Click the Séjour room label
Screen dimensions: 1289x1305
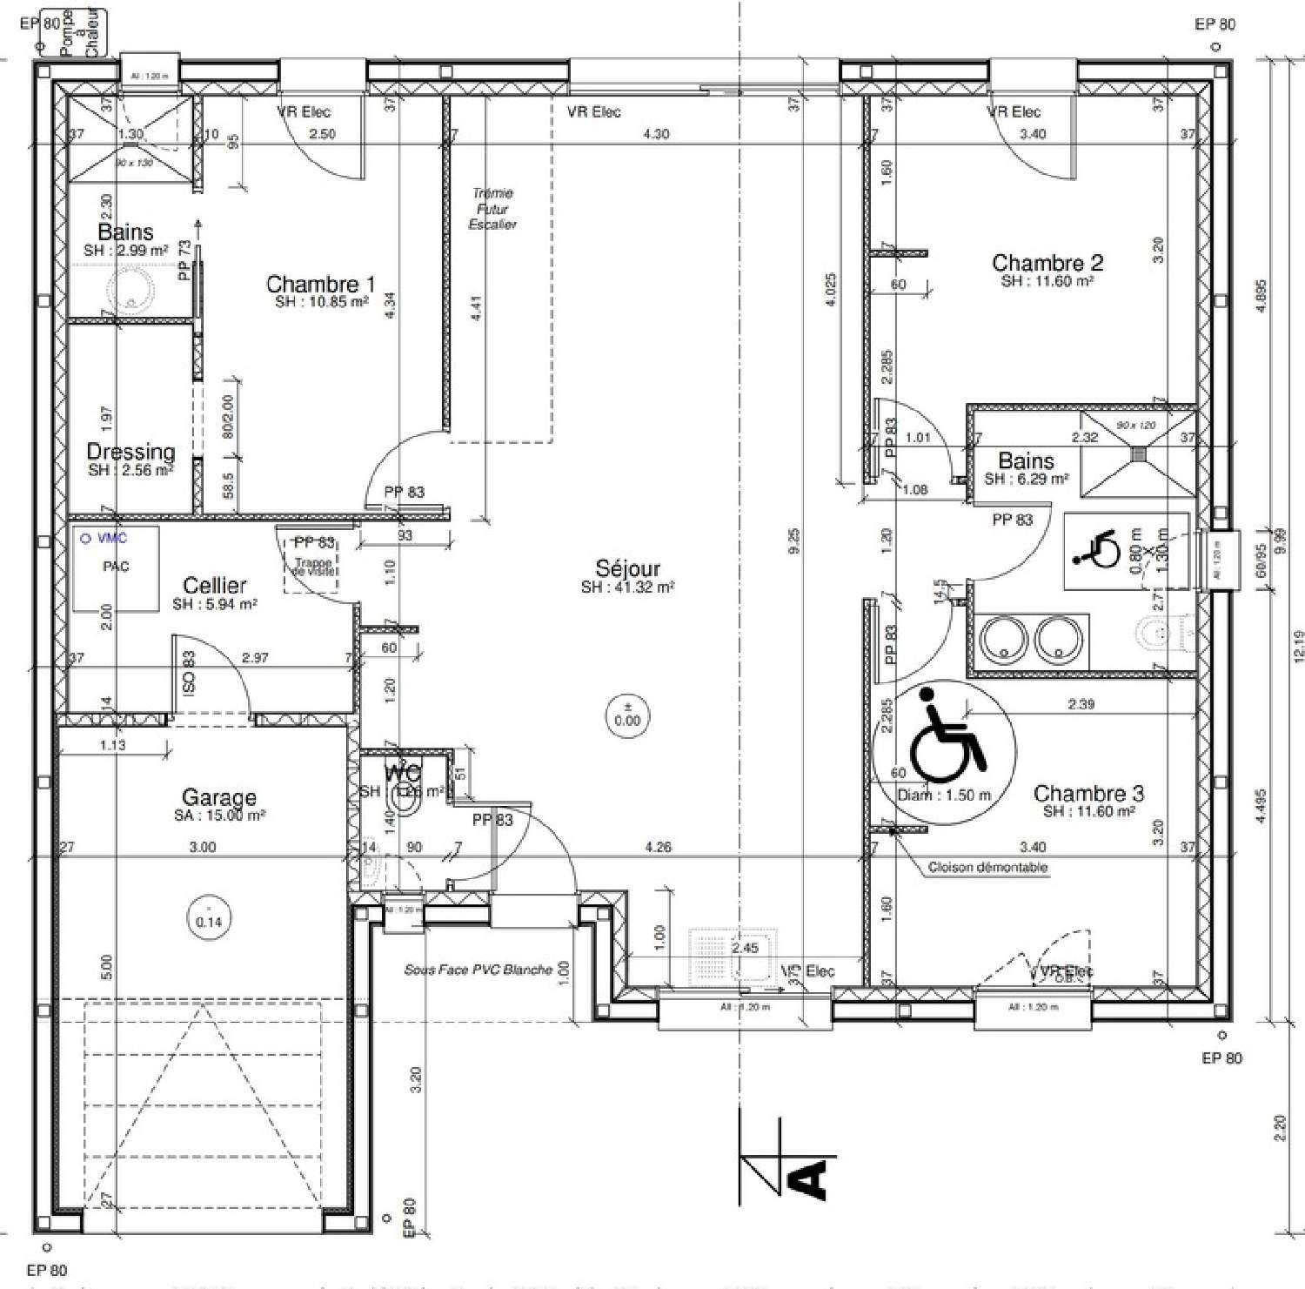tap(627, 569)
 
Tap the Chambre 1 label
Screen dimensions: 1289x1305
tap(320, 285)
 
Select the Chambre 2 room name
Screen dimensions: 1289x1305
tap(1047, 263)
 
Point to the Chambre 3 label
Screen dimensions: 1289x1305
tap(1088, 793)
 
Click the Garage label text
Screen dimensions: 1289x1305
tap(219, 797)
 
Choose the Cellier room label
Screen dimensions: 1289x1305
tap(215, 586)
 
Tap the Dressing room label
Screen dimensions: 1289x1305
tap(130, 452)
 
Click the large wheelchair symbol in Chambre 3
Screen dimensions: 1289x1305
tap(946, 735)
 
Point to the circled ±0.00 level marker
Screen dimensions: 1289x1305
tap(626, 715)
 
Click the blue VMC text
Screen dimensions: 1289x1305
tap(111, 539)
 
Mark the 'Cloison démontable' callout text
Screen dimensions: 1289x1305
tap(987, 867)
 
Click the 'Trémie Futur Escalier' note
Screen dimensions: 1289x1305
tap(492, 209)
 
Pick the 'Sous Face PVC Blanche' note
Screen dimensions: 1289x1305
tap(478, 970)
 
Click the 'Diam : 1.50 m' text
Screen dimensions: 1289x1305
tap(944, 795)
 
